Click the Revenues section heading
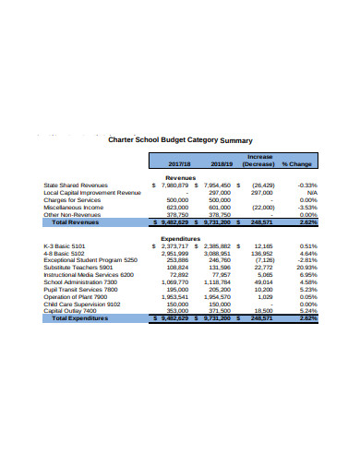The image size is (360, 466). click(181, 177)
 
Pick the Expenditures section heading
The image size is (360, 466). click(181, 237)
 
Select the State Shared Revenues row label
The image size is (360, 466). click(76, 185)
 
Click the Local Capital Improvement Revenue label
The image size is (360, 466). click(92, 192)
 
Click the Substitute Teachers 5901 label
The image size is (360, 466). click(78, 267)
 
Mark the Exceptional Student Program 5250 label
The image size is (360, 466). click(90, 259)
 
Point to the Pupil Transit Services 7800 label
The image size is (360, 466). click(83, 289)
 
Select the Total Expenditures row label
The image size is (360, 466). click(81, 318)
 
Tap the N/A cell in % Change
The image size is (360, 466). click(310, 192)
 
